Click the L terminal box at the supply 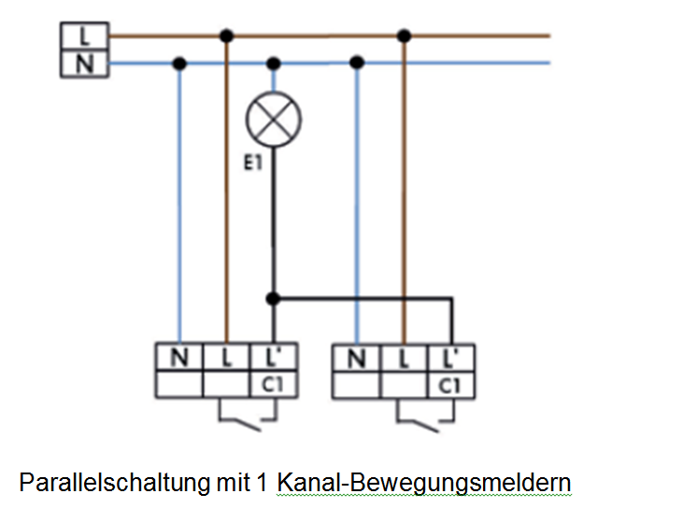[84, 36]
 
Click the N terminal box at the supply [84, 64]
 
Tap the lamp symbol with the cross [274, 119]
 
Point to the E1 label [253, 163]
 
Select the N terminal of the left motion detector [179, 357]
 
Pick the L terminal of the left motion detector [226, 357]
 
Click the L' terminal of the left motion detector [274, 357]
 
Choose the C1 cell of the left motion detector [274, 385]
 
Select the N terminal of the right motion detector [357, 358]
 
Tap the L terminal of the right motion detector [404, 358]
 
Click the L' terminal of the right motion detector [450, 358]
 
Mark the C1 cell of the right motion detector [450, 386]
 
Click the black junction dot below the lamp [274, 299]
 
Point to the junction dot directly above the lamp [274, 63]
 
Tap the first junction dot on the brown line [226, 35]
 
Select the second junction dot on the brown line [404, 35]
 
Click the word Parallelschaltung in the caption [114, 483]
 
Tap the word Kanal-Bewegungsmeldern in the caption [424, 484]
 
